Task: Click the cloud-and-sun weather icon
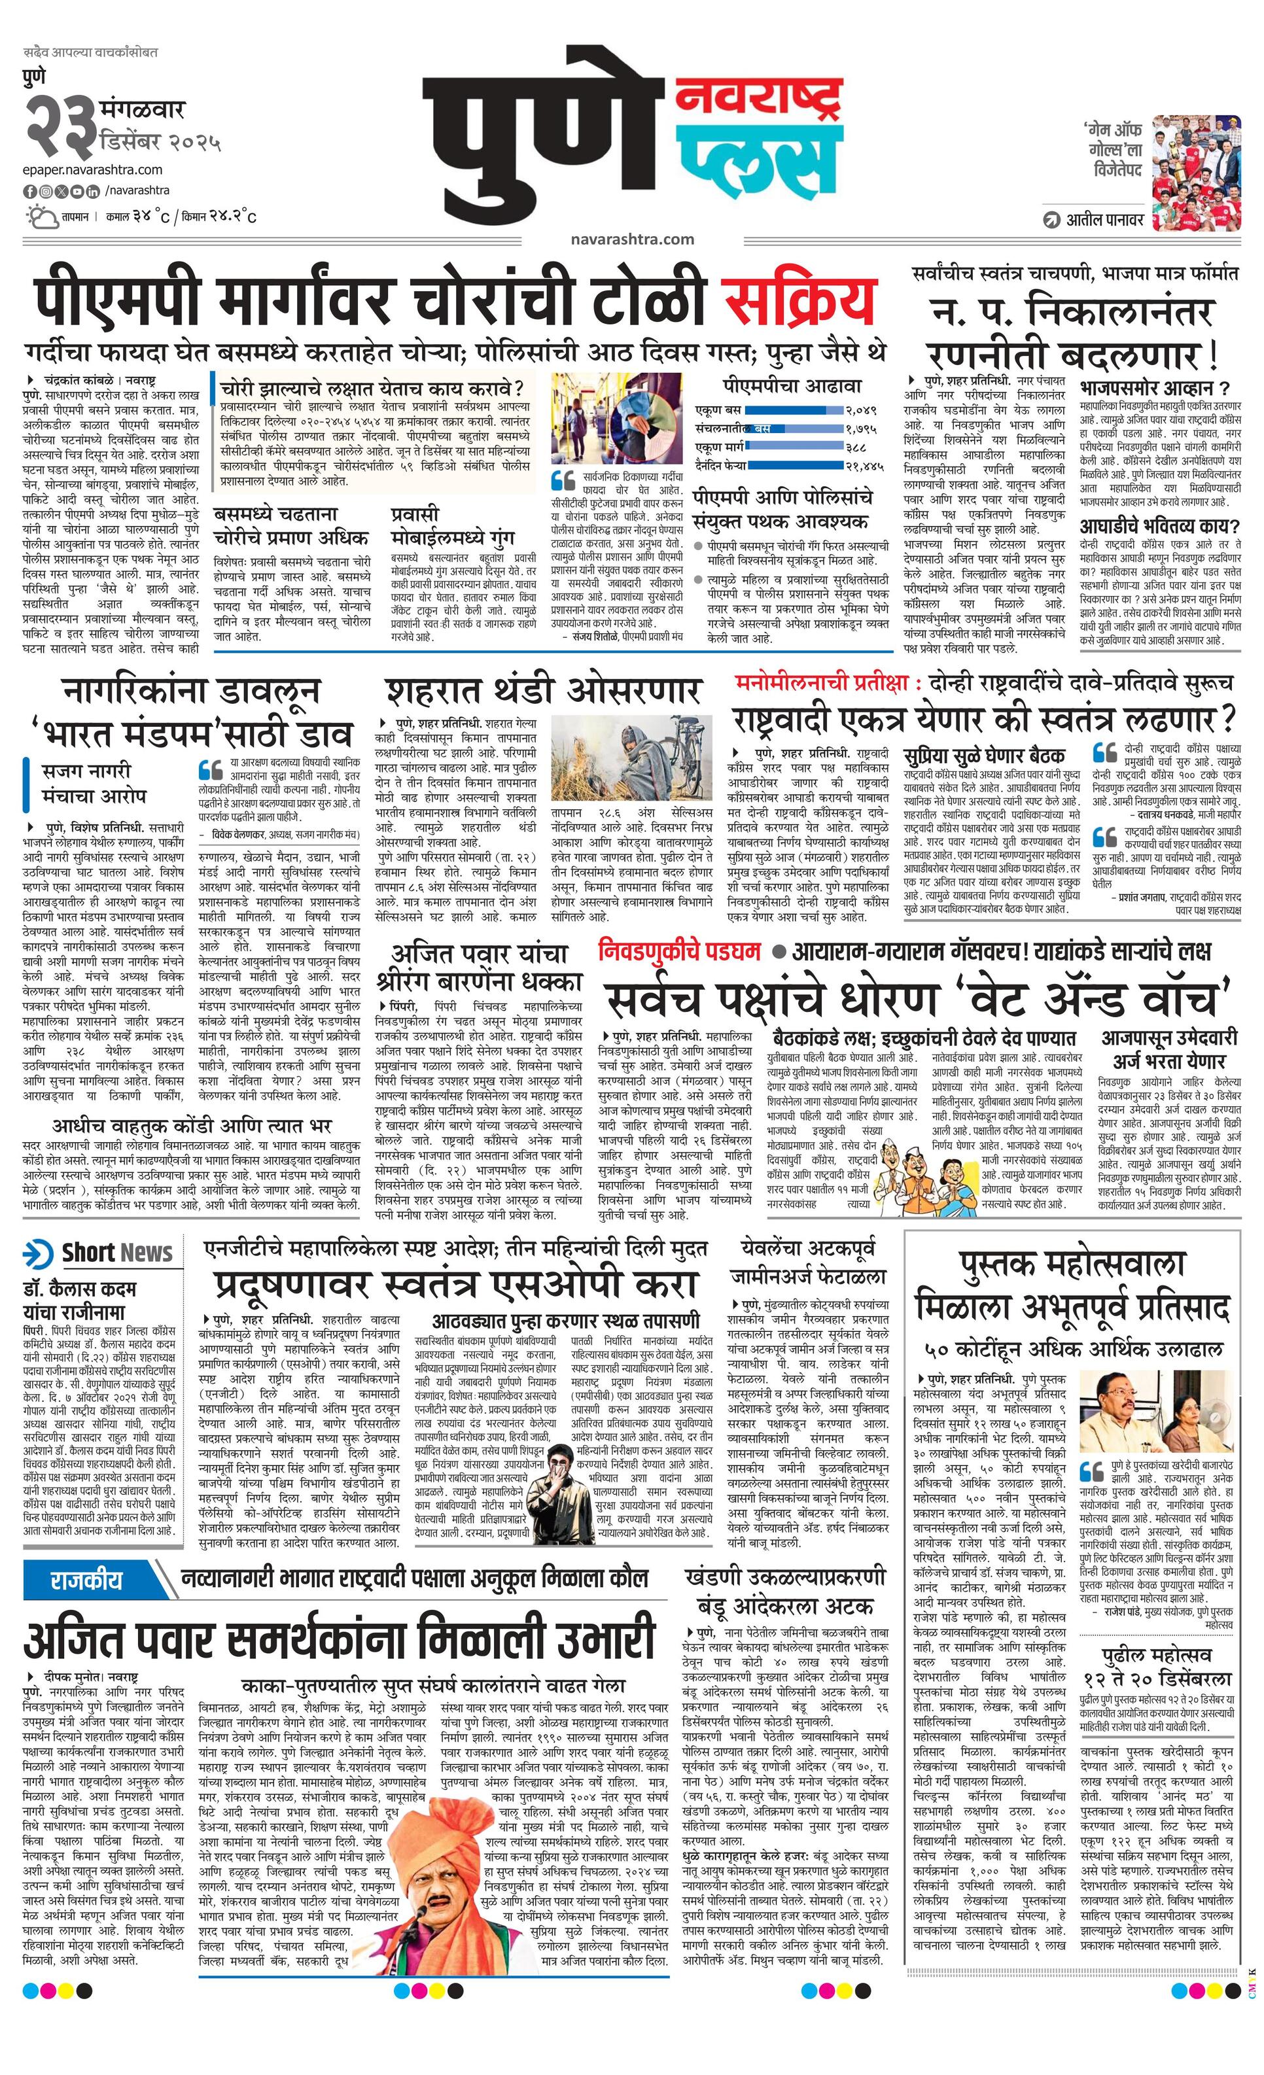click(x=41, y=217)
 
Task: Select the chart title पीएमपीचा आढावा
click(x=792, y=386)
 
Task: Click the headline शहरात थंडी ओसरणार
click(x=543, y=691)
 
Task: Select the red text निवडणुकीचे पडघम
click(x=678, y=952)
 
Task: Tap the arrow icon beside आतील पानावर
click(x=1050, y=220)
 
